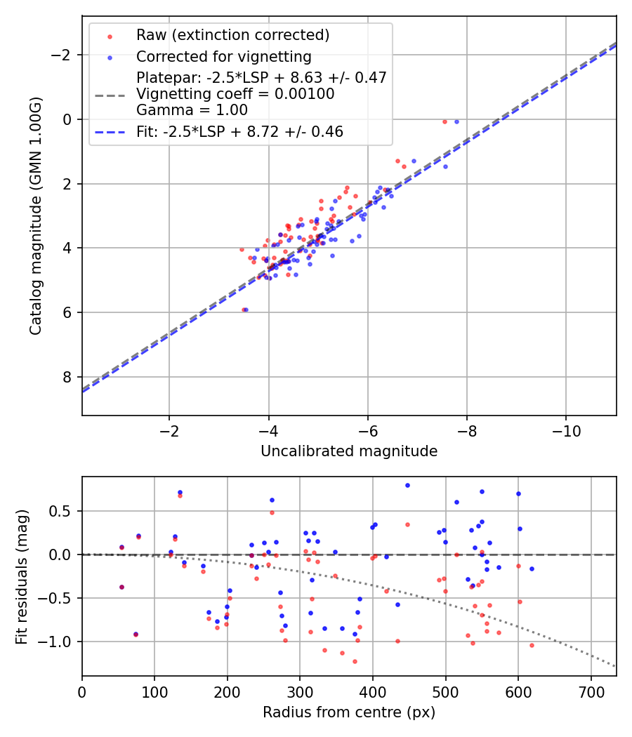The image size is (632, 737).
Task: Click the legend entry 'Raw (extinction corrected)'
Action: [x=232, y=35]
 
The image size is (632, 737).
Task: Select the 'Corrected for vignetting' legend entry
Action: [x=223, y=56]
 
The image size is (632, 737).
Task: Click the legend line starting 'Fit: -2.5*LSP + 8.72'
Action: [x=239, y=132]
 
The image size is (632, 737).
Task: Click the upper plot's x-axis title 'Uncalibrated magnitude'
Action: [x=349, y=451]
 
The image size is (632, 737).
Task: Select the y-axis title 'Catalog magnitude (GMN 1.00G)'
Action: [x=36, y=216]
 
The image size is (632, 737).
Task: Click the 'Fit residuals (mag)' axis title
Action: [x=22, y=576]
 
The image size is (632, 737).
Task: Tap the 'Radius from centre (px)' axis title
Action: [x=349, y=712]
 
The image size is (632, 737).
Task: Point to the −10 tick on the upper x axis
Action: [x=566, y=431]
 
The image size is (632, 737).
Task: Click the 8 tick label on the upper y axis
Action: [x=68, y=377]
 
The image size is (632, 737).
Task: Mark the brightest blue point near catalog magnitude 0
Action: [x=456, y=121]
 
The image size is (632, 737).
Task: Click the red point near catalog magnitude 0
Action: [x=445, y=121]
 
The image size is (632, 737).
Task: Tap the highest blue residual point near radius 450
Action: [x=407, y=485]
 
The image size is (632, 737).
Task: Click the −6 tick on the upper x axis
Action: [x=367, y=431]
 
